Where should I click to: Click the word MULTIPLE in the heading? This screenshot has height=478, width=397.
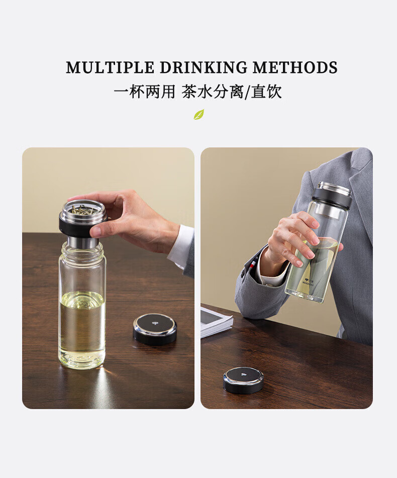pos(110,67)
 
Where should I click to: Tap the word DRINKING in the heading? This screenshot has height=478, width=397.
pos(204,67)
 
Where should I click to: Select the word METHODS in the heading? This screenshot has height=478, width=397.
pos(295,67)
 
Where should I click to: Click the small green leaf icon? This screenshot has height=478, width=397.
pos(199,114)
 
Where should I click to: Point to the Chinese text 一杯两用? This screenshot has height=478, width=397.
pos(145,92)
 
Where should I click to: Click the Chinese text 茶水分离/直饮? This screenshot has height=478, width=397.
pos(232,92)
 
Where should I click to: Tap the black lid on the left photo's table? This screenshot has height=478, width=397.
pos(155,330)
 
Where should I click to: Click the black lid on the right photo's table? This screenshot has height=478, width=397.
pos(243,380)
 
